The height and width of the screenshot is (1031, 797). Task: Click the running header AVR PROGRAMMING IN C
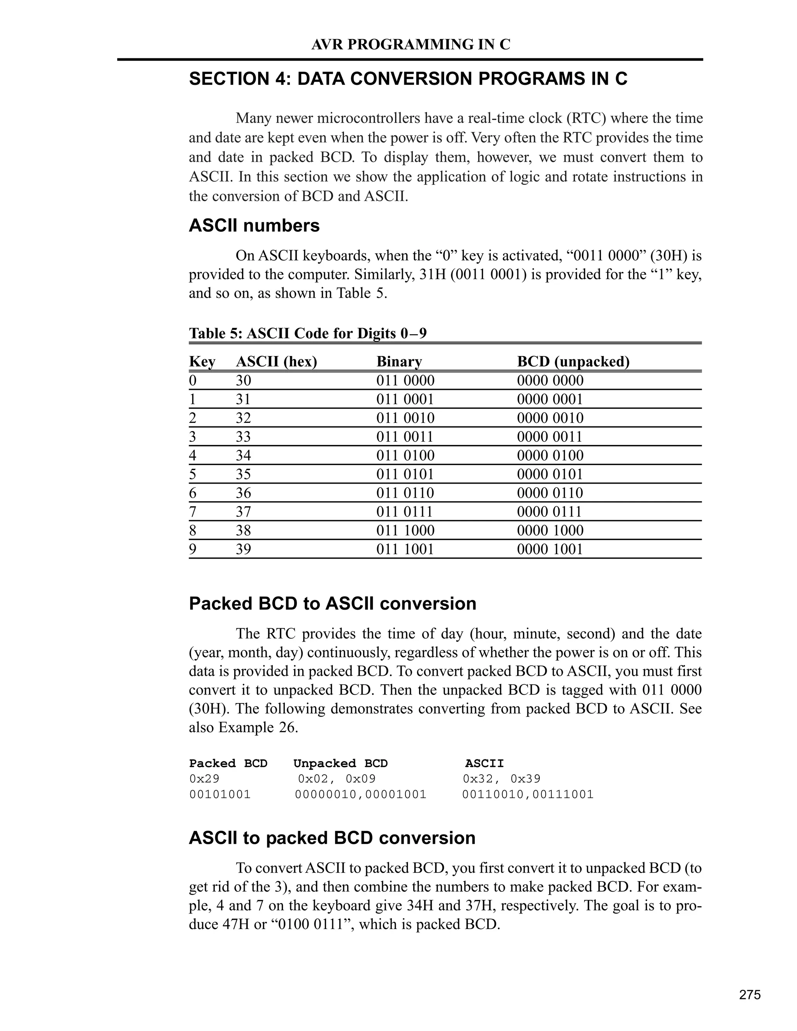pos(411,44)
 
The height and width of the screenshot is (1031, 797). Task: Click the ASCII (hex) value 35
pos(244,474)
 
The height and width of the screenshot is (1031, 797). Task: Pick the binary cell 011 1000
pos(405,530)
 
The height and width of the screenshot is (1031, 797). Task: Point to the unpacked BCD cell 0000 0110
pos(550,493)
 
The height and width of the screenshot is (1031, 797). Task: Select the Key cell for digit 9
pos(193,549)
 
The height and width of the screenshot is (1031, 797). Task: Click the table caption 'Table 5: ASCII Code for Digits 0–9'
pos(308,333)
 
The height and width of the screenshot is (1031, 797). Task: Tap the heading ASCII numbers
pos(254,226)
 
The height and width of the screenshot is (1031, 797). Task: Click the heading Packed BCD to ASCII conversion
pos(332,604)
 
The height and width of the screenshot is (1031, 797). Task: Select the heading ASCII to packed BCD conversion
pos(332,838)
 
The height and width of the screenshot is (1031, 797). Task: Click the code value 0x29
pos(204,779)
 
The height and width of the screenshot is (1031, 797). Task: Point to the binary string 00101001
pos(220,794)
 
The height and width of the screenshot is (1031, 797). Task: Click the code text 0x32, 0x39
pos(501,779)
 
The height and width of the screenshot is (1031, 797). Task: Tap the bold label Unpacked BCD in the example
pos(341,763)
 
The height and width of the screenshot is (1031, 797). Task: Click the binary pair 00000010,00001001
pos(361,794)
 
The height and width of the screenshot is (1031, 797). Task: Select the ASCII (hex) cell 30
pos(244,380)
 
